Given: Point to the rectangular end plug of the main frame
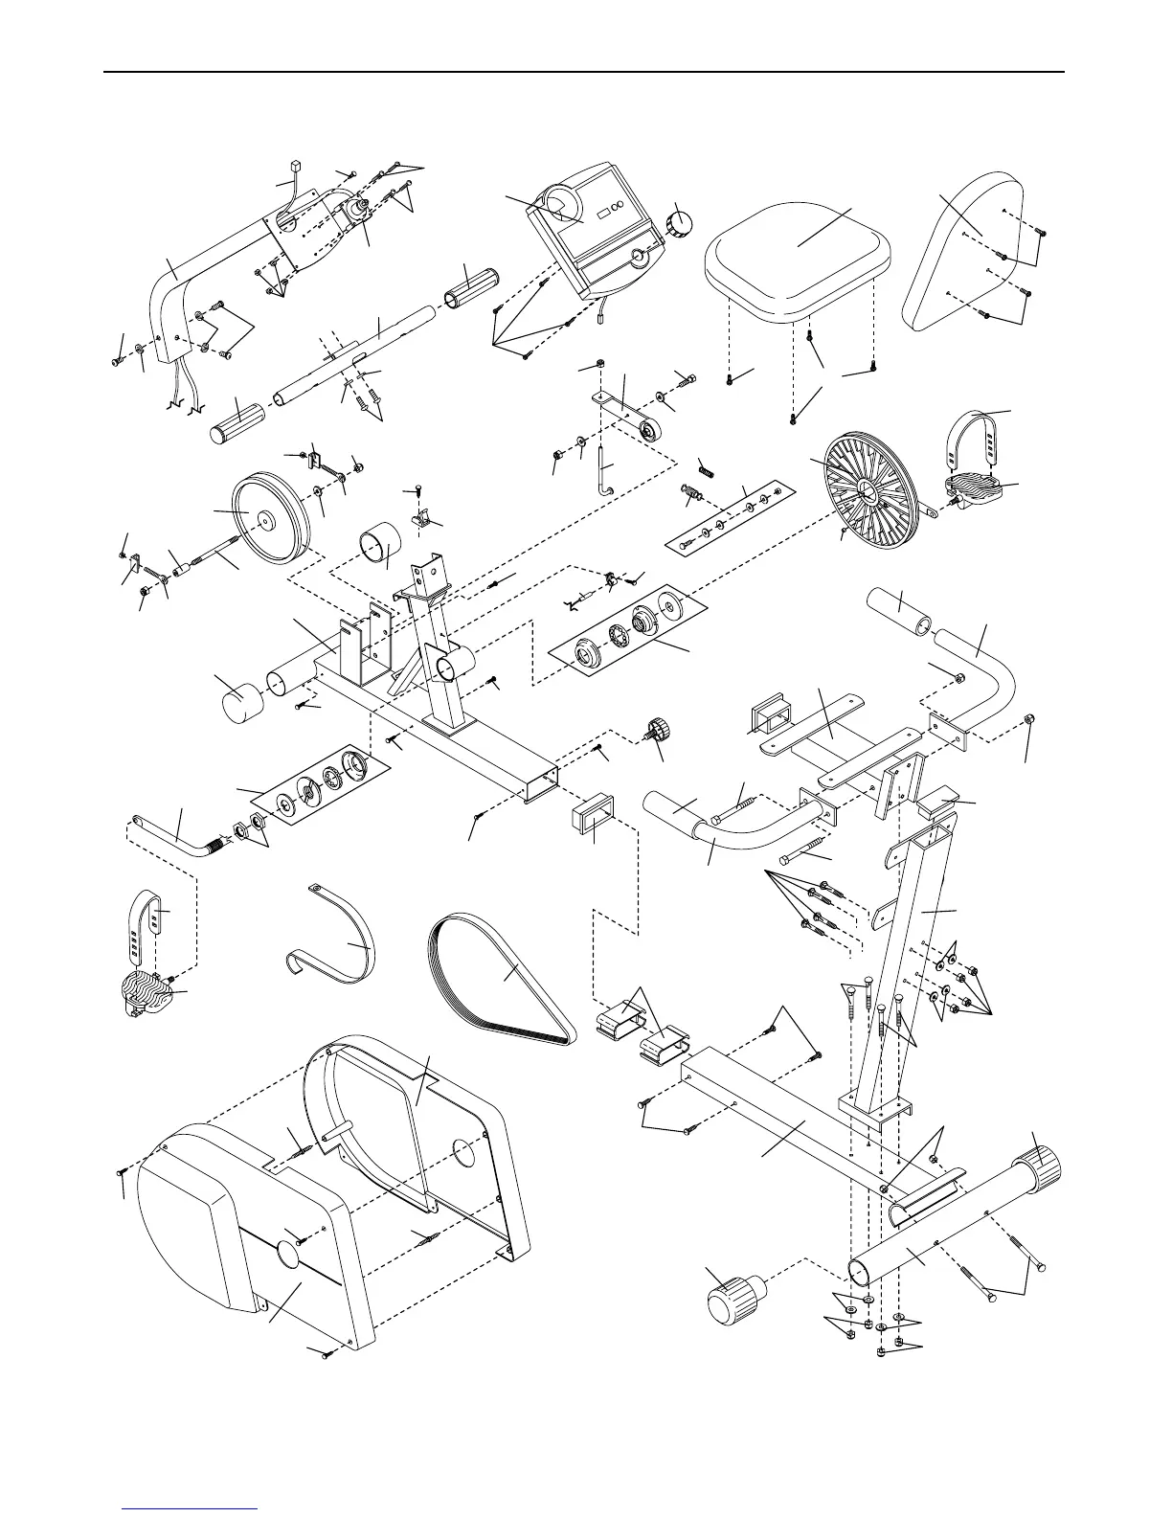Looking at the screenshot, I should point(587,821).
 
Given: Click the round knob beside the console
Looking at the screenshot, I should point(682,225).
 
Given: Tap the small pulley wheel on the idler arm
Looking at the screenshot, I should point(648,434).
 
